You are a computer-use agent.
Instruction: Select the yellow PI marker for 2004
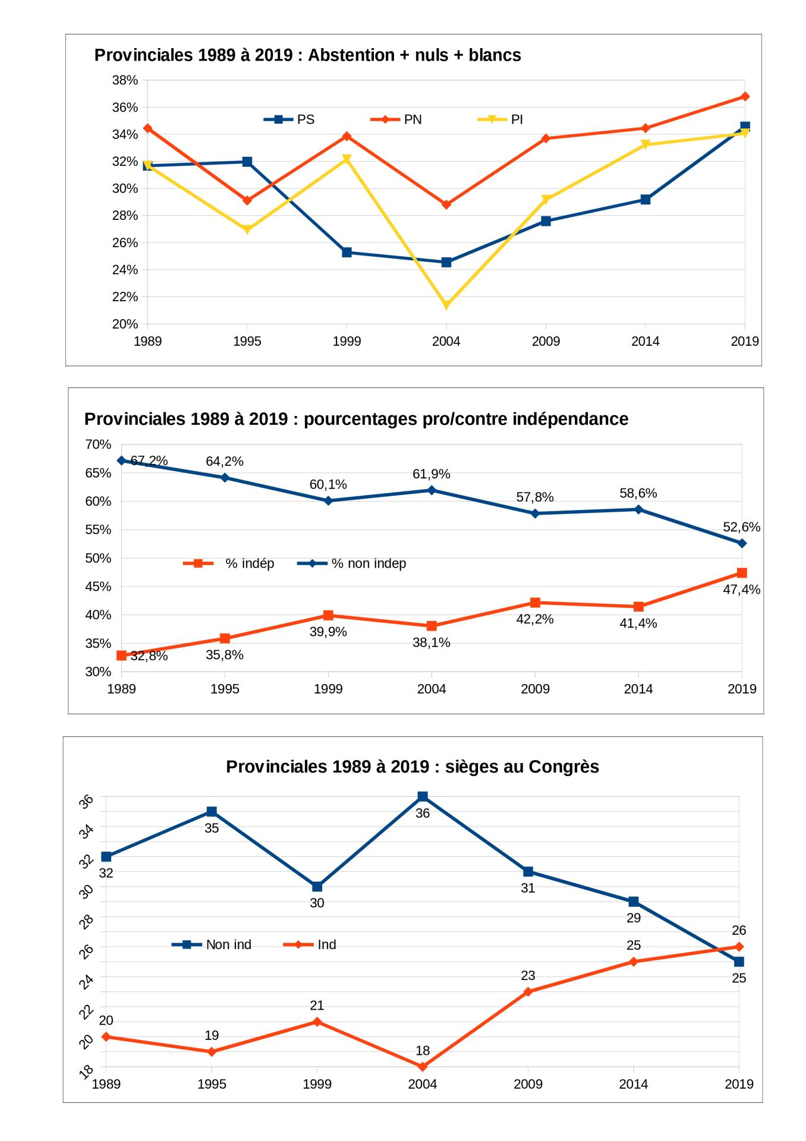coord(446,305)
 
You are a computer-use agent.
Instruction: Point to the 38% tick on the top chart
coord(125,80)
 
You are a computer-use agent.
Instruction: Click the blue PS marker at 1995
coord(247,162)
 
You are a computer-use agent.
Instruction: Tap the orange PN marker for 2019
coord(745,96)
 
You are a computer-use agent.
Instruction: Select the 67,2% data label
coord(149,461)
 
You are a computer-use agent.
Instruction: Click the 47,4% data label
coord(741,590)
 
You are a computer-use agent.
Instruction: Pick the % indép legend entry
coord(229,563)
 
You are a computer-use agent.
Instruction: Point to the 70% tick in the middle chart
coord(99,445)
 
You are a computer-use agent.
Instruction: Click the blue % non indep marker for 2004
coord(432,490)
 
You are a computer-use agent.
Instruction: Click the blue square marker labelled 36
coord(423,796)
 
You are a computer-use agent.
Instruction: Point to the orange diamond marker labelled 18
coord(423,1067)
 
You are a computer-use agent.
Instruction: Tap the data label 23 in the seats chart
coord(528,975)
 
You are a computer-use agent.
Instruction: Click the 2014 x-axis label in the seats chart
coord(633,1084)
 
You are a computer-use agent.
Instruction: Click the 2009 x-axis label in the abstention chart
coord(546,341)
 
